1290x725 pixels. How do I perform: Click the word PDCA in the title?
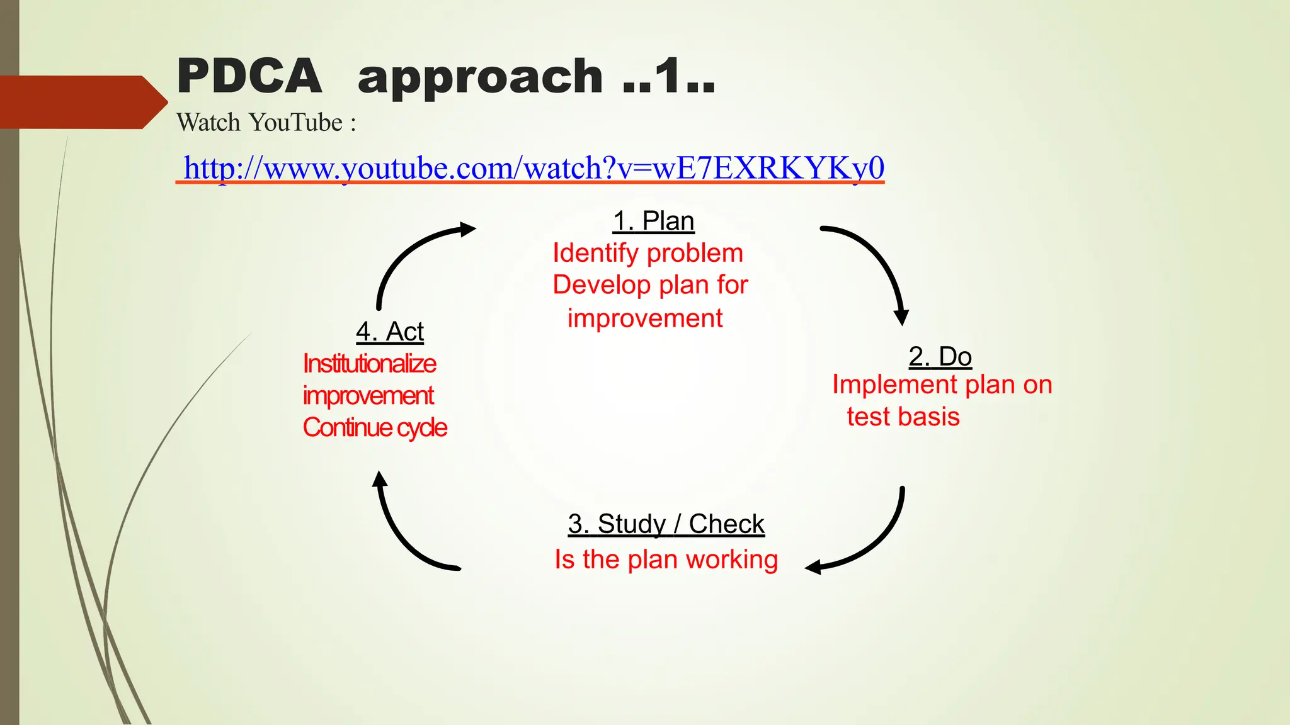point(249,76)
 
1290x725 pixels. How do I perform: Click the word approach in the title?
point(480,77)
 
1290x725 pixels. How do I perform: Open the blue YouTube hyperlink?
point(533,168)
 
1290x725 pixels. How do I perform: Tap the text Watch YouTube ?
point(266,123)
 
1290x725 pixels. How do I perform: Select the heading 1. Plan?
point(653,222)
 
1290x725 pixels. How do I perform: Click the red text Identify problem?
point(648,253)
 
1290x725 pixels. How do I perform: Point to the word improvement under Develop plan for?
point(644,318)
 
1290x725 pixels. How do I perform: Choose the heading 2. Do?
point(940,357)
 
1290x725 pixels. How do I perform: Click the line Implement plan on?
point(942,385)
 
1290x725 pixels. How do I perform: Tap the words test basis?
point(903,417)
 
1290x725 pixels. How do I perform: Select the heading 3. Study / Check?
point(666,524)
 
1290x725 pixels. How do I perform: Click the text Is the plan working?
point(666,559)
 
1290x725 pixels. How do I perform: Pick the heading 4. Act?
point(389,332)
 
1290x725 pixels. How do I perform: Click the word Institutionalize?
point(369,364)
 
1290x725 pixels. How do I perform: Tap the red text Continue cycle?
point(374,428)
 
